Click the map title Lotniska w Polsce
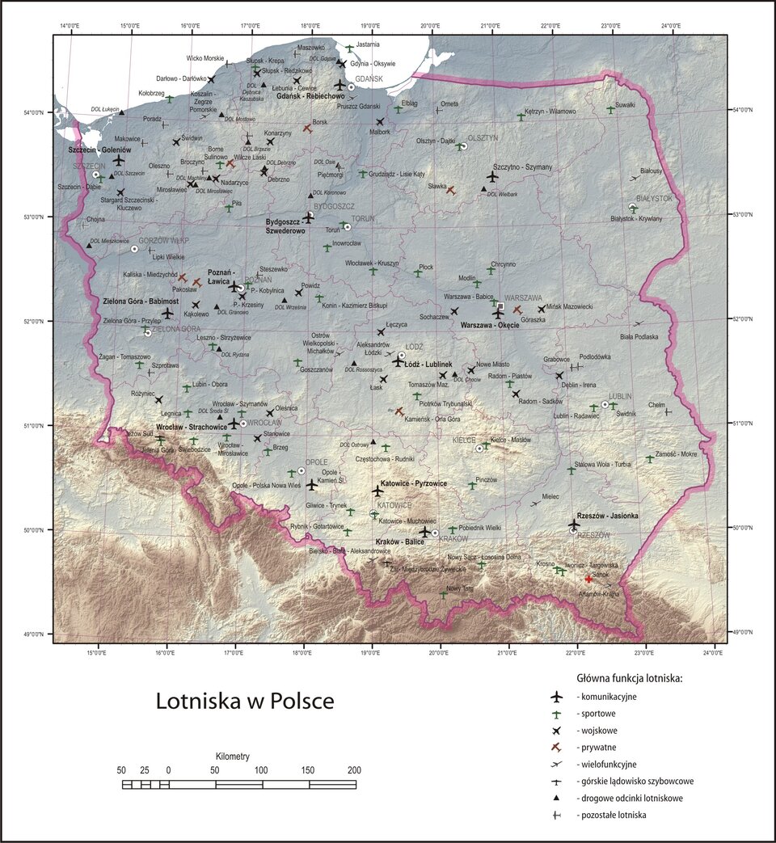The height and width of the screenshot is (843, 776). [x=245, y=700]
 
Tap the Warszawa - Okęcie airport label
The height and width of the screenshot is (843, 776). [x=490, y=325]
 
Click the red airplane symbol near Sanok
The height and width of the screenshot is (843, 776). [x=588, y=579]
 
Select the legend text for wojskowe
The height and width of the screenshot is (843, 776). [x=597, y=731]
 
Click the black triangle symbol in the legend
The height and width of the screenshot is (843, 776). [x=555, y=798]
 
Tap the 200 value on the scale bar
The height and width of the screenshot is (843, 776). [x=353, y=769]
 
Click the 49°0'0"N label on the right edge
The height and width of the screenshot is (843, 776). [x=744, y=632]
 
